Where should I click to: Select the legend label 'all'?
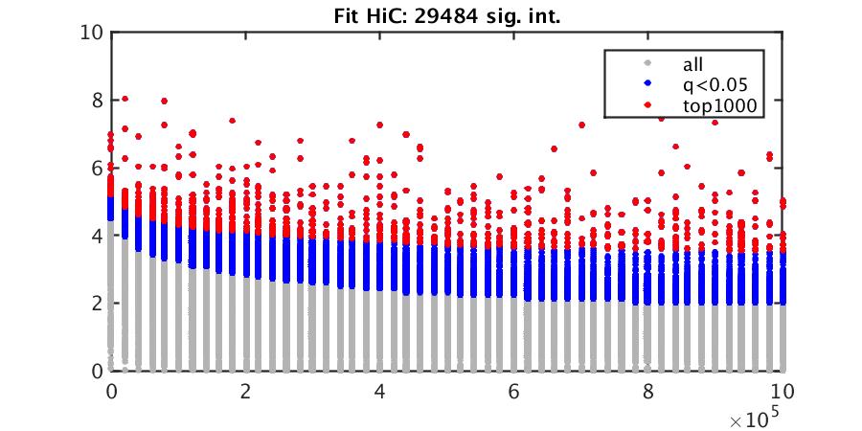click(692, 65)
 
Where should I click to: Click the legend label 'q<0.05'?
click(710, 86)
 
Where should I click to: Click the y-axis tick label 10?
click(91, 33)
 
